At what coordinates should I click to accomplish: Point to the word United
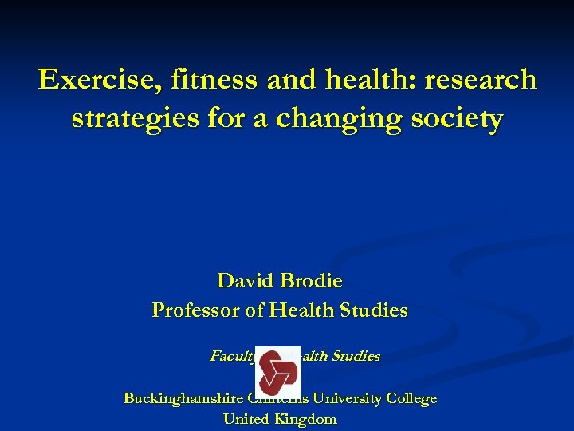tap(247, 419)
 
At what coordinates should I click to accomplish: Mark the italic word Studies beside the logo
tap(357, 356)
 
